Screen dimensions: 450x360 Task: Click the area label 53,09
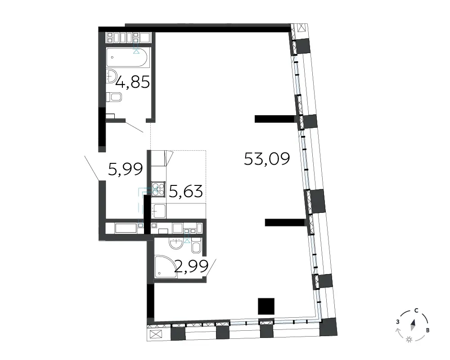click(267, 159)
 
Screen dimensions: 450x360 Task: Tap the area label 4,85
click(133, 82)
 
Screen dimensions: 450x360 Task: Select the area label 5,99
click(126, 169)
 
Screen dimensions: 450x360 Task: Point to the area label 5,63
click(186, 191)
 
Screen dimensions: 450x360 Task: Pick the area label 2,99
click(191, 267)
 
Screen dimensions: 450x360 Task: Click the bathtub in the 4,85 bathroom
click(127, 58)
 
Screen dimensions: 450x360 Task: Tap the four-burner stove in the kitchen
click(158, 189)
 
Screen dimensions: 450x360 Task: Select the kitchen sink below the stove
click(158, 211)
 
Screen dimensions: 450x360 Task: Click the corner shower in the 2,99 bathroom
click(166, 267)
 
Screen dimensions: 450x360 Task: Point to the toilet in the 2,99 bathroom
click(196, 245)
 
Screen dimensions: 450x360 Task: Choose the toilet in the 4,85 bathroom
click(114, 97)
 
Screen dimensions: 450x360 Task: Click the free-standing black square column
click(266, 306)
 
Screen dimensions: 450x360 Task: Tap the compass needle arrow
click(413, 325)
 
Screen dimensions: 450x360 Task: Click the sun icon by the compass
click(409, 340)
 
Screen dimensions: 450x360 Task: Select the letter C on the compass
click(416, 310)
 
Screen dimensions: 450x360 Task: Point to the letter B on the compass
click(427, 330)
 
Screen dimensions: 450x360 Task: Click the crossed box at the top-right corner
click(302, 28)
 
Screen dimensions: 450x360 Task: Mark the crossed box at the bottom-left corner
click(156, 334)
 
